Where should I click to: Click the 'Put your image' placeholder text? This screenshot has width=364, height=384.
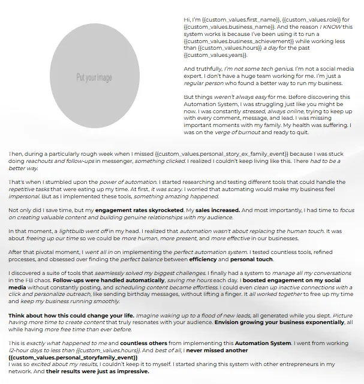coord(94,78)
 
